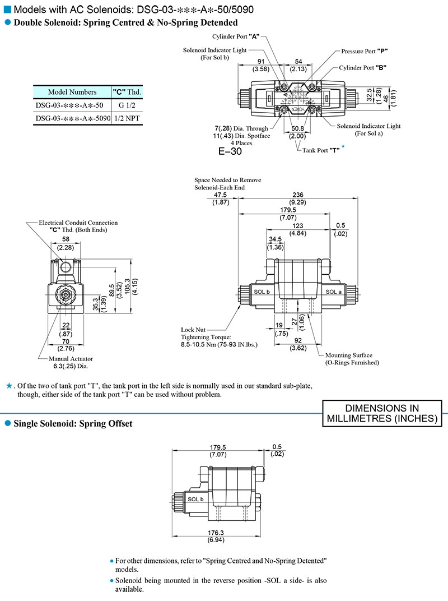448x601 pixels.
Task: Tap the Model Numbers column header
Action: click(72, 92)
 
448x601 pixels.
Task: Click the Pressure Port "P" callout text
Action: click(365, 51)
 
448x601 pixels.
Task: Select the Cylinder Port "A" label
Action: click(235, 36)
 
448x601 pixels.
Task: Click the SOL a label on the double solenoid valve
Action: click(333, 292)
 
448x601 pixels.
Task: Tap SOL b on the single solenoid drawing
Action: click(196, 499)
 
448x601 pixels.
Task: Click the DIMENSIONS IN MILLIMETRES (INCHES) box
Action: click(382, 413)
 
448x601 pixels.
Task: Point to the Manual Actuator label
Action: click(71, 358)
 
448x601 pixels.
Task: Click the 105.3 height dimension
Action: click(127, 288)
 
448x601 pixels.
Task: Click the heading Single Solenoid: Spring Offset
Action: click(72, 424)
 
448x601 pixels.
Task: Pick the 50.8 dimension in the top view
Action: click(297, 128)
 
